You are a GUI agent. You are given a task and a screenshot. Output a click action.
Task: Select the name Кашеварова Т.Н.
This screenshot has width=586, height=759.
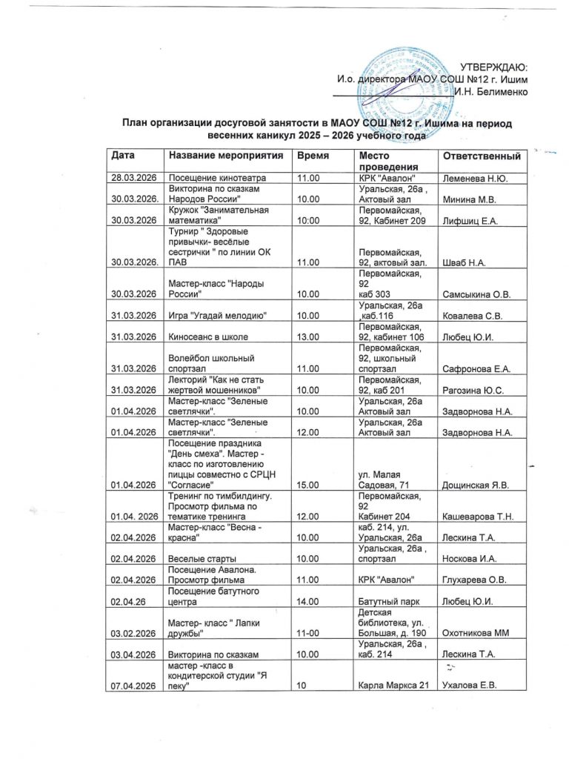point(480,516)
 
